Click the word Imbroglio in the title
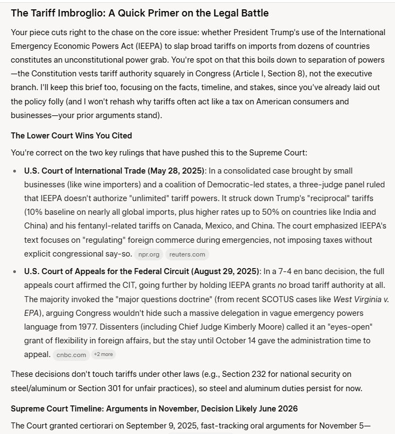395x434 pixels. pyautogui.click(x=70, y=13)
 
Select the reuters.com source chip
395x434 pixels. pyautogui.click(x=187, y=254)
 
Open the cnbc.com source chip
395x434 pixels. pyautogui.click(x=72, y=355)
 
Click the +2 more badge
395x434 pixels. pyautogui.click(x=104, y=354)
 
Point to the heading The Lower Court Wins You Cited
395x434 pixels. pyautogui.click(x=71, y=135)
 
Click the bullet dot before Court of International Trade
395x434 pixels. pyautogui.click(x=15, y=171)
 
